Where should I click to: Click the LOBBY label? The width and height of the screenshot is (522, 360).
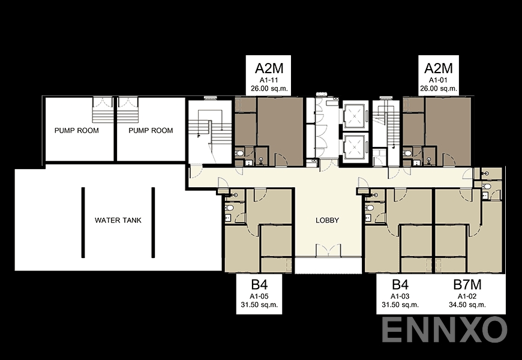pyautogui.click(x=328, y=220)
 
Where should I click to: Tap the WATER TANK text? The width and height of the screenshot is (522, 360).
pyautogui.click(x=118, y=220)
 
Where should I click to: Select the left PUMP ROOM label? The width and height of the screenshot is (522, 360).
pyautogui.click(x=76, y=130)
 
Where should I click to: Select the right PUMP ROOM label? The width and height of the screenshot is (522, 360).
pyautogui.click(x=151, y=130)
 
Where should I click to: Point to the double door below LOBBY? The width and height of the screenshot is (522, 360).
pyautogui.click(x=328, y=251)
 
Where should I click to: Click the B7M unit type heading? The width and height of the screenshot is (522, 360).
pyautogui.click(x=467, y=284)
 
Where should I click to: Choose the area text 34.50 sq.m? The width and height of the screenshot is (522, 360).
pyautogui.click(x=467, y=305)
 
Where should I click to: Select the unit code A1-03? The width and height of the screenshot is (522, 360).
pyautogui.click(x=400, y=296)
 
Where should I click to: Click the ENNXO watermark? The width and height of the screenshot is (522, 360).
pyautogui.click(x=445, y=329)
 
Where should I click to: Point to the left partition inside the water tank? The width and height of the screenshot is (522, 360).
pyautogui.click(x=83, y=222)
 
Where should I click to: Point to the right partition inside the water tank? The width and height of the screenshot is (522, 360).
pyautogui.click(x=153, y=222)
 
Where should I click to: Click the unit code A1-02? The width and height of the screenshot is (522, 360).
pyautogui.click(x=467, y=296)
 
